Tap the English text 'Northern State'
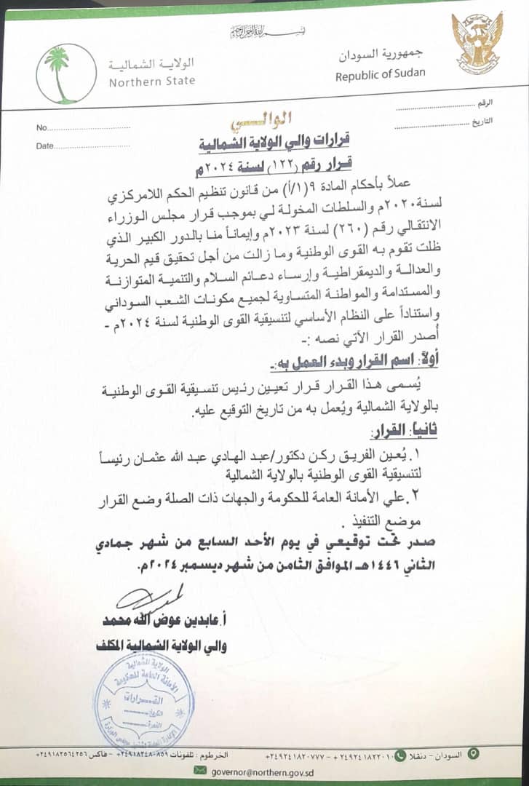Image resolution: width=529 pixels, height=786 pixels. point(152,81)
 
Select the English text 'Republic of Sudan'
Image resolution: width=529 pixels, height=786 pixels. point(381,74)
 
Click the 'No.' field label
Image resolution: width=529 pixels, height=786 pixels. point(41,128)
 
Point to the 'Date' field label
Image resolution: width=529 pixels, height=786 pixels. point(45,146)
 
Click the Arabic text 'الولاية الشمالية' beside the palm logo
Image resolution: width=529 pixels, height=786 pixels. point(152,64)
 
